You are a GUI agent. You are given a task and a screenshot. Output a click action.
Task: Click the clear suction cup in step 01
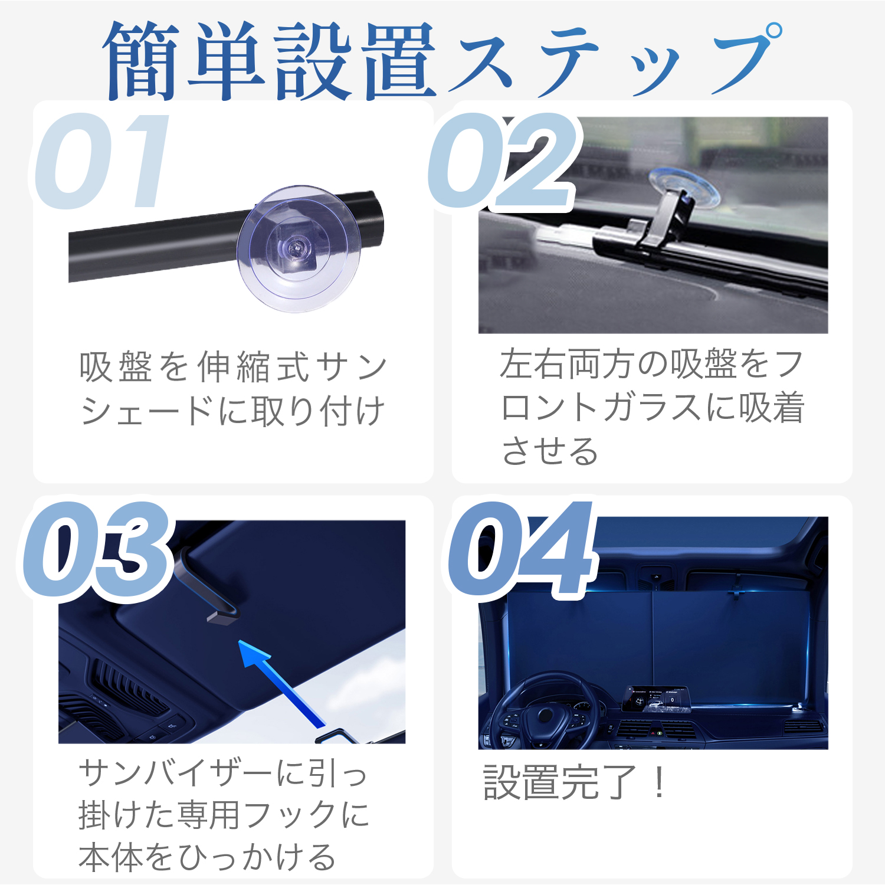299,248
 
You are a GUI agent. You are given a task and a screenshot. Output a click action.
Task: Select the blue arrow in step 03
283,684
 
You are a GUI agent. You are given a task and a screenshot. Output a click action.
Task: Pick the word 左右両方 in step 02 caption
566,364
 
